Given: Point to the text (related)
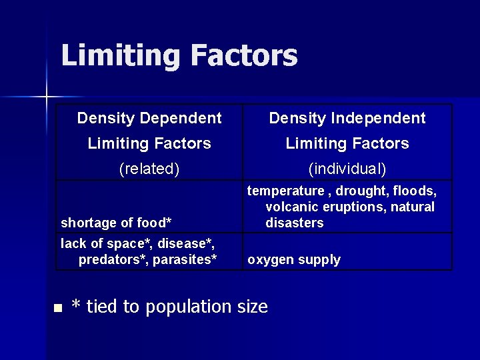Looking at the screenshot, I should [x=149, y=169].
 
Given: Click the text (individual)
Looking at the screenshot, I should [x=347, y=169].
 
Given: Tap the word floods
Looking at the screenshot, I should [x=417, y=191].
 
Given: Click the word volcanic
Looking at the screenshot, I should [x=291, y=207].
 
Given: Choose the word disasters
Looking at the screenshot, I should [x=295, y=223].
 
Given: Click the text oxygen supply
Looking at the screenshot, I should [x=294, y=259].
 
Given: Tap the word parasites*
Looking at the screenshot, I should [x=185, y=259].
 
